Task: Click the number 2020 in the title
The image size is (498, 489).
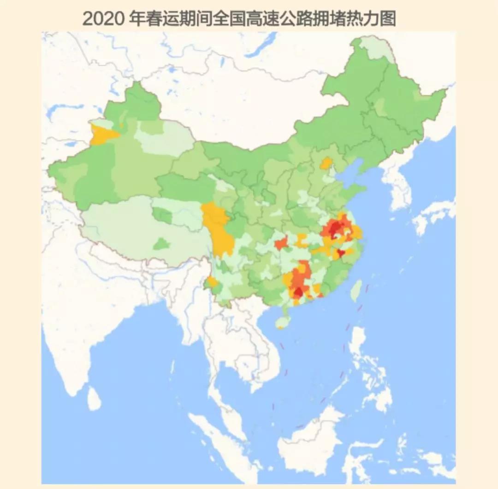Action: (102, 19)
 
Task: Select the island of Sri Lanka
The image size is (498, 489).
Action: (94, 398)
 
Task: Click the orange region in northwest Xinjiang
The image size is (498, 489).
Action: (102, 135)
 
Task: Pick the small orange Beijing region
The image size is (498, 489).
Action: (326, 163)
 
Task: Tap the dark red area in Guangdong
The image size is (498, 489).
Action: (298, 292)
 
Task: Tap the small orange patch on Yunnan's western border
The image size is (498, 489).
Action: (212, 282)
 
